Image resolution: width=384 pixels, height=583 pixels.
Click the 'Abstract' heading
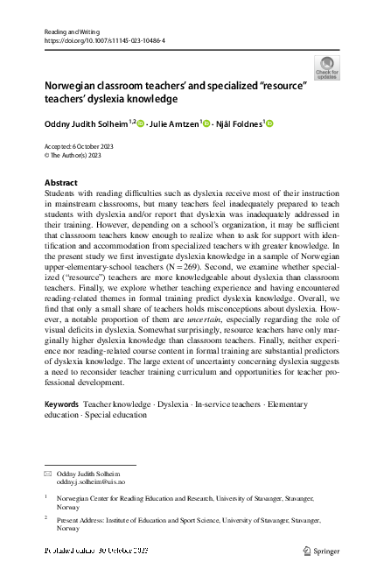tap(60, 182)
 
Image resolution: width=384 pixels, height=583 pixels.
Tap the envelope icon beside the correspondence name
tap(47, 473)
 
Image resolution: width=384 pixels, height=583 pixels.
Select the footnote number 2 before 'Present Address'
tap(45, 517)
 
